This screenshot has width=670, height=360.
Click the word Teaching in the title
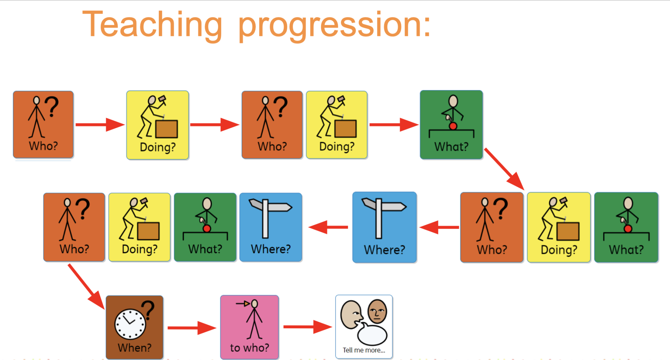(152, 24)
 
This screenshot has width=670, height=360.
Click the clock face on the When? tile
(130, 324)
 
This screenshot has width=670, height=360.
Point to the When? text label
(134, 347)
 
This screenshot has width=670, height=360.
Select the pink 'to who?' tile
(250, 327)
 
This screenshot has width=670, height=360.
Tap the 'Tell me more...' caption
(364, 350)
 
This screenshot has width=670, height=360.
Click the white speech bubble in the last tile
(372, 334)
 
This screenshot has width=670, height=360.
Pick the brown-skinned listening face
(377, 312)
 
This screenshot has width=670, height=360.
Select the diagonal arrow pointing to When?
(86, 287)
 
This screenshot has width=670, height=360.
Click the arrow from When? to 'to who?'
(192, 328)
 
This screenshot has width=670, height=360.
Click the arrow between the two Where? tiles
(439, 227)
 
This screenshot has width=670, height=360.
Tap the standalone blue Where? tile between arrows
(385, 227)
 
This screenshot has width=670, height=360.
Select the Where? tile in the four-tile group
(271, 227)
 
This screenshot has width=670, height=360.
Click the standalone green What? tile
(452, 125)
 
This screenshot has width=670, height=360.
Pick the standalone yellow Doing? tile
(158, 125)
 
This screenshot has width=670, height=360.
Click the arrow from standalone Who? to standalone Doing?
(100, 125)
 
